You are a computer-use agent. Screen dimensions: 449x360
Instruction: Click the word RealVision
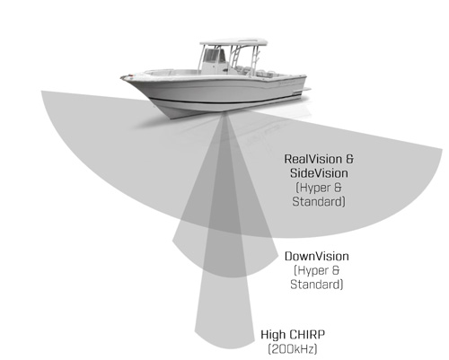click(x=313, y=159)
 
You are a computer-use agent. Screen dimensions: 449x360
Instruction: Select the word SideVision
click(x=319, y=173)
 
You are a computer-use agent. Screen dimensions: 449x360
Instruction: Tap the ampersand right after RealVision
click(x=349, y=159)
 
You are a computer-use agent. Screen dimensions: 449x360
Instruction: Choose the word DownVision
click(x=317, y=257)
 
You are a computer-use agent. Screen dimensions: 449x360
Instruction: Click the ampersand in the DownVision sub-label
click(x=336, y=270)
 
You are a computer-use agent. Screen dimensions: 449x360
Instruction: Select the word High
click(x=273, y=335)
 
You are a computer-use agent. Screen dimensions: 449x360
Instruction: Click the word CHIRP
click(x=307, y=334)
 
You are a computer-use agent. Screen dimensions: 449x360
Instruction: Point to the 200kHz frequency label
click(x=293, y=349)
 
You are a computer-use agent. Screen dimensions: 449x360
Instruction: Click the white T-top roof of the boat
click(x=233, y=42)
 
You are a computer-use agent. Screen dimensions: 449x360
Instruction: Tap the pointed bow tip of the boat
click(x=122, y=78)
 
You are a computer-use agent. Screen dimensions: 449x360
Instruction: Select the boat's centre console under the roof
click(x=213, y=61)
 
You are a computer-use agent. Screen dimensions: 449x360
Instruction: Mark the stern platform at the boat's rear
click(x=303, y=90)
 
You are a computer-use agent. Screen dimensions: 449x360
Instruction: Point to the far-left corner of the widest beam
click(x=41, y=91)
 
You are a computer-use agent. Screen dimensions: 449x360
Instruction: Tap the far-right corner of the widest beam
click(x=442, y=149)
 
